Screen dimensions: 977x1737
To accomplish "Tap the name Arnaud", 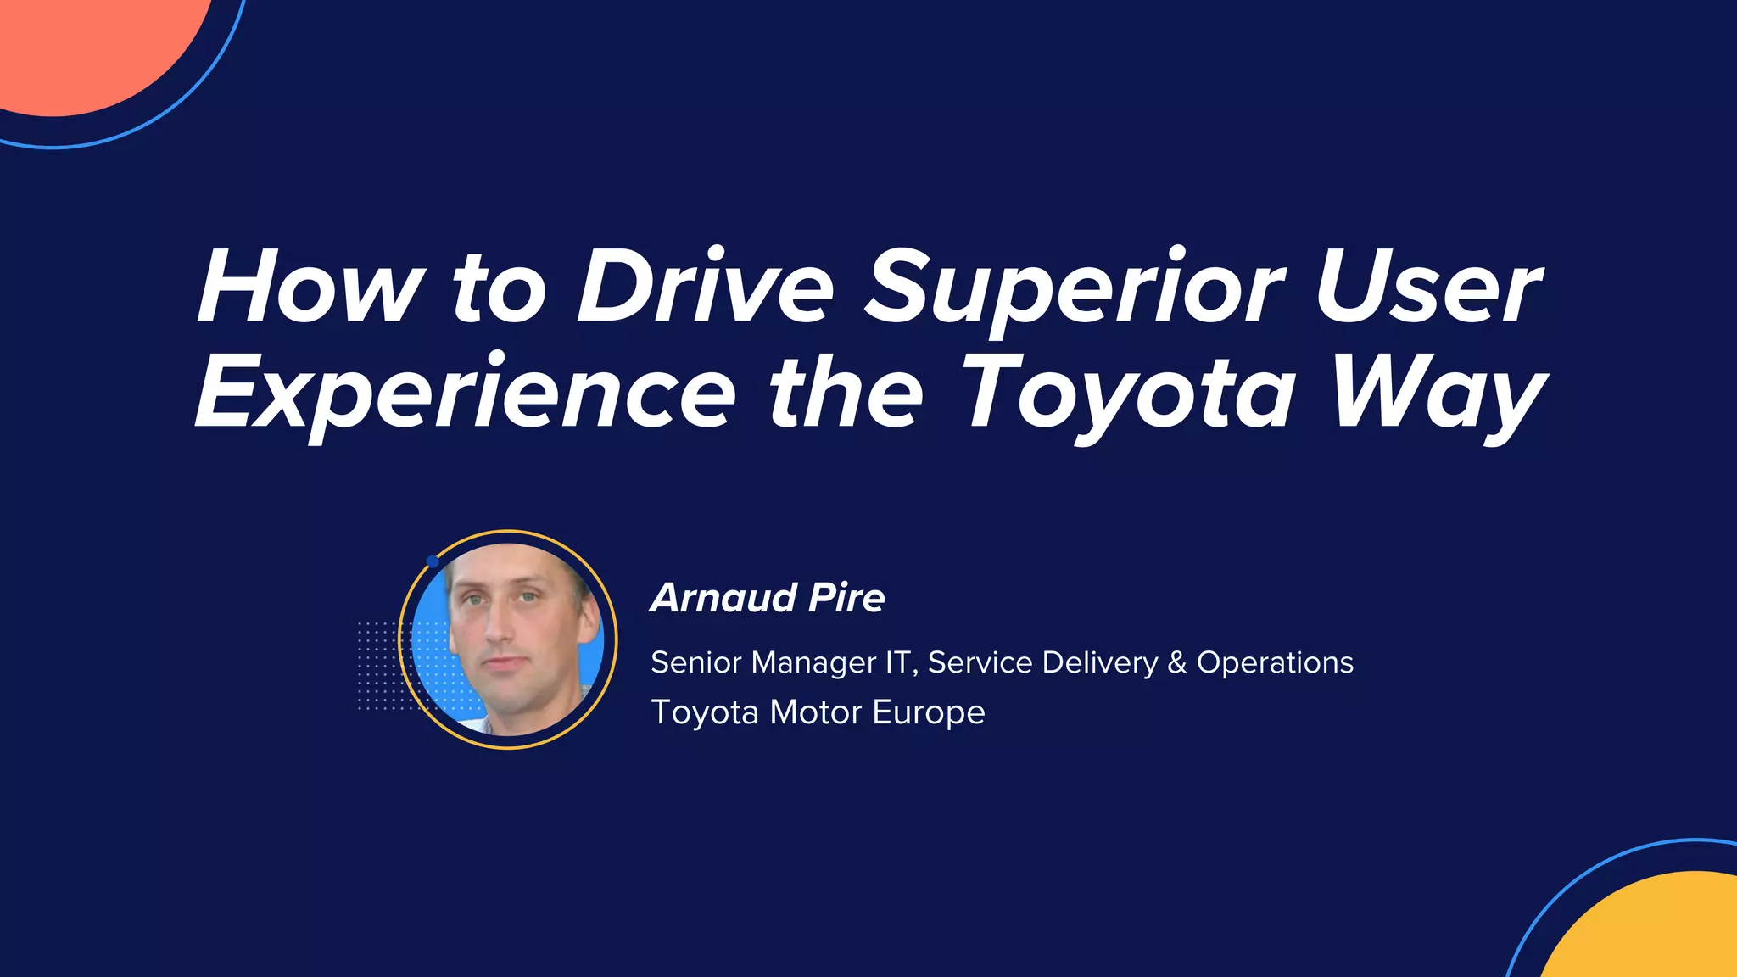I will click(723, 598).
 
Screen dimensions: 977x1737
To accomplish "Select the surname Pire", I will click(846, 598).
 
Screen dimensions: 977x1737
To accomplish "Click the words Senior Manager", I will click(763, 663).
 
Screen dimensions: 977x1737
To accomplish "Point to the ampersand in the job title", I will click(1177, 662).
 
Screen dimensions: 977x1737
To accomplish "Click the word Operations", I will click(1275, 663).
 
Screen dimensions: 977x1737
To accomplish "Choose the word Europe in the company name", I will click(929, 712).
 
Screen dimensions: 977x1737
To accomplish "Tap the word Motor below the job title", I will click(815, 712).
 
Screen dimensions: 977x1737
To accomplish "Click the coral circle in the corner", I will click(85, 42).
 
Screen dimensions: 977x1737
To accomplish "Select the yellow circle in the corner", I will click(1654, 933).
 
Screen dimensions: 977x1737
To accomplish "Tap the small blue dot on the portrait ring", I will click(432, 561).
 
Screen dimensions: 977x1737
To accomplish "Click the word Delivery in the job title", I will click(1099, 663).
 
